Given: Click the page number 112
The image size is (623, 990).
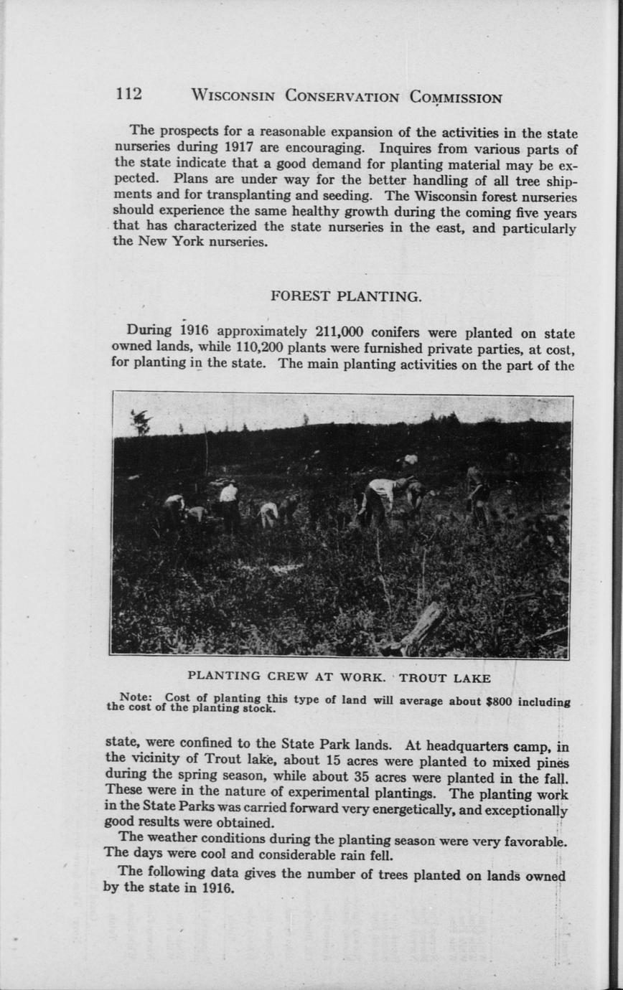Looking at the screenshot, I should coord(129,94).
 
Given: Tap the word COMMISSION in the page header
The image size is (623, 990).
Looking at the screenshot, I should coord(456,97).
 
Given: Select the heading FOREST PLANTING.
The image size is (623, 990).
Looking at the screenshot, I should coord(346,296).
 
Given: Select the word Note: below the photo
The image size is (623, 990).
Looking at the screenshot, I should coord(133,696).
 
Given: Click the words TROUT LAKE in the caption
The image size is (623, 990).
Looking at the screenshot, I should coord(445,678).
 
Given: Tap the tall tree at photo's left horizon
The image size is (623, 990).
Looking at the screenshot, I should coord(141,423).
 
